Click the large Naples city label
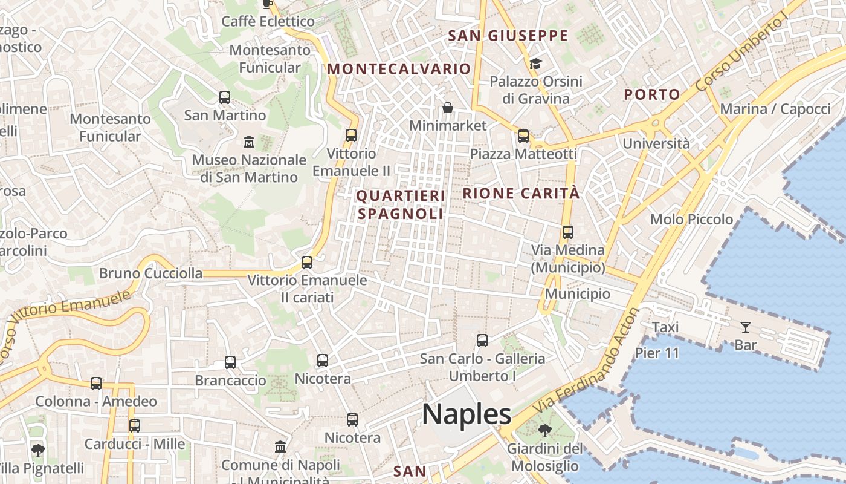467,415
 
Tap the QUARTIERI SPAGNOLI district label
400,204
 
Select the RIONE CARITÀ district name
521,194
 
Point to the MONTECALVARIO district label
399,69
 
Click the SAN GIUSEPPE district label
508,36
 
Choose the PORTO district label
652,94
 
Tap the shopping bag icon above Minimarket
448,108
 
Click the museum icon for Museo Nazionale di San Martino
248,142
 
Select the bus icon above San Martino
225,97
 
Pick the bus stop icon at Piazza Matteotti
523,136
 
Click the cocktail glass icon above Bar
746,327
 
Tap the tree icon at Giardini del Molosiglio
545,431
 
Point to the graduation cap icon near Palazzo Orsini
535,64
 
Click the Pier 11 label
657,353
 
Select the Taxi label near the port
665,327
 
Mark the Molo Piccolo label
691,220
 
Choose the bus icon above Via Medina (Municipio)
567,232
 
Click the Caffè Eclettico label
268,22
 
